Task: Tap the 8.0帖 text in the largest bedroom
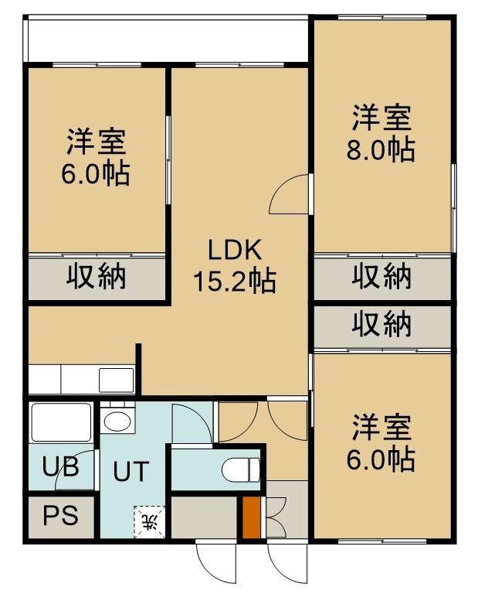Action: [381, 149]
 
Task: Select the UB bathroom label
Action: [60, 466]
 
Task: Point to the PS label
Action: [60, 516]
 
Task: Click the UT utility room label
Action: [131, 471]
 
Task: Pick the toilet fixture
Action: [240, 469]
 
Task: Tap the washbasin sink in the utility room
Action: [117, 421]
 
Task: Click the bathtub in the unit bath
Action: [61, 422]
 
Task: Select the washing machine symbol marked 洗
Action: [149, 521]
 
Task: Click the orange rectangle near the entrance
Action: [252, 517]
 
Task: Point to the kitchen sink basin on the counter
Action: [117, 380]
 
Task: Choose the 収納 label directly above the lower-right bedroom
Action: [381, 324]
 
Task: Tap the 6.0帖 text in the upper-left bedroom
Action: [96, 174]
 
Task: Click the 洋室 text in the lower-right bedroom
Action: [381, 428]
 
